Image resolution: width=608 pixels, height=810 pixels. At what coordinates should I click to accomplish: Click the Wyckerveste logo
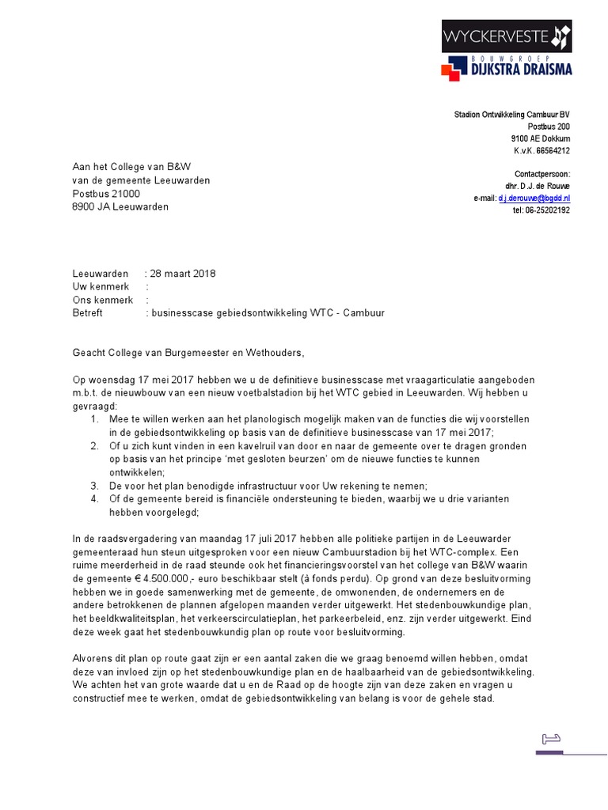click(x=506, y=36)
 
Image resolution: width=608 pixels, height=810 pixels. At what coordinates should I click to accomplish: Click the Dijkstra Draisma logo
click(x=506, y=66)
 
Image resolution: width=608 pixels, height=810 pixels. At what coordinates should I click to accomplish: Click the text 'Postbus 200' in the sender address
click(x=548, y=127)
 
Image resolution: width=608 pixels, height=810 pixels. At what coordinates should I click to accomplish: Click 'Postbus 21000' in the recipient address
click(x=106, y=194)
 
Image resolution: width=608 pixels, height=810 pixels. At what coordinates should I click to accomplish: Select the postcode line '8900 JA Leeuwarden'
click(x=120, y=207)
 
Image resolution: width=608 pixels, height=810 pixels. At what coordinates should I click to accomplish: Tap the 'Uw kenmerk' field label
click(x=100, y=287)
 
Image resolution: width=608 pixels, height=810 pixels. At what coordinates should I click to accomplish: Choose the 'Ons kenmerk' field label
click(x=103, y=300)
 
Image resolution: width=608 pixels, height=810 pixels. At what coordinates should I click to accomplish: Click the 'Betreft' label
click(x=87, y=313)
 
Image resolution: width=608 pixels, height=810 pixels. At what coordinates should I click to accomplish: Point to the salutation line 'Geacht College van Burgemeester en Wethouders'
click(x=188, y=353)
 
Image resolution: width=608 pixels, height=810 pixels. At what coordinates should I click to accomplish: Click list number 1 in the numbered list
click(x=94, y=418)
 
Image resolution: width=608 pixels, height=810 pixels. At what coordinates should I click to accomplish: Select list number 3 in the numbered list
click(x=94, y=485)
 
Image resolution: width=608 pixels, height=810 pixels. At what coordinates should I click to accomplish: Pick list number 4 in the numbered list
click(x=94, y=498)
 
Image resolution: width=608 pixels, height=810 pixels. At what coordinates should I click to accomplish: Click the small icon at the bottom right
click(x=550, y=739)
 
